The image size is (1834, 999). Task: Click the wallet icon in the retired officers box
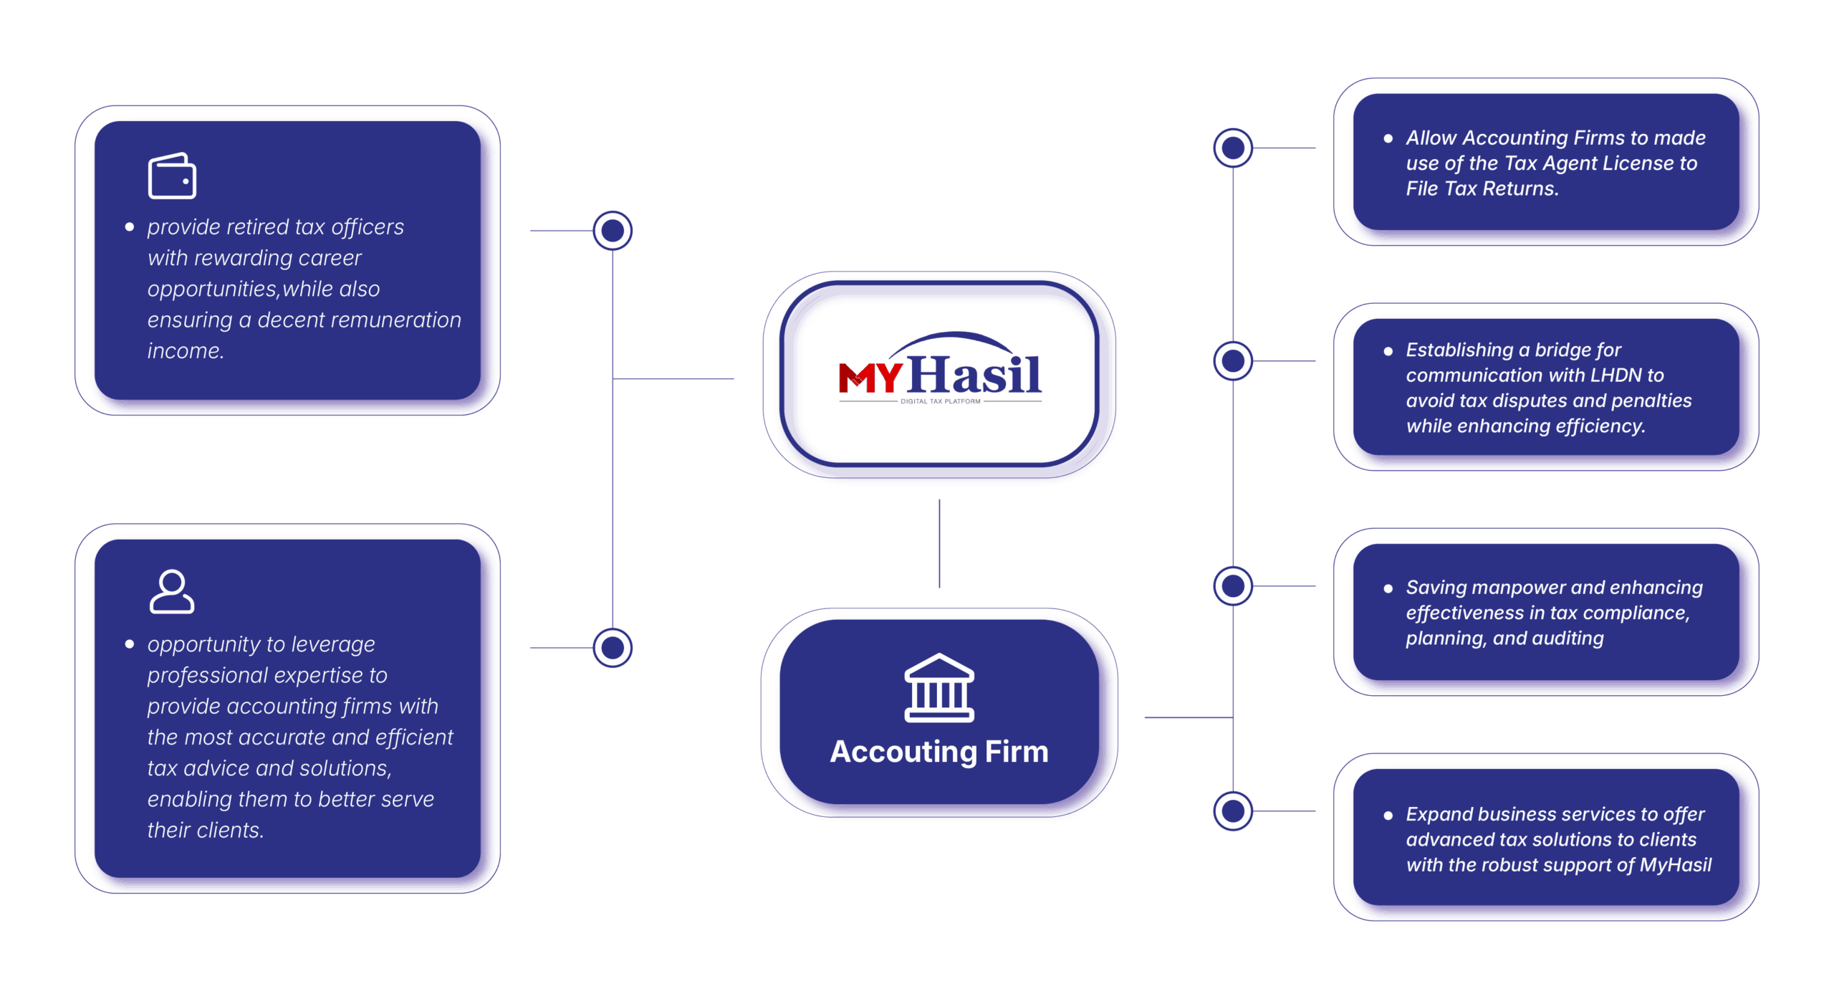(x=172, y=176)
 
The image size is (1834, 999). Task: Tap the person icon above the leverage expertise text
(x=172, y=592)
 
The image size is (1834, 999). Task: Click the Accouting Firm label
(x=939, y=752)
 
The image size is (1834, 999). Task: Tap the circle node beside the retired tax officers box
(x=613, y=231)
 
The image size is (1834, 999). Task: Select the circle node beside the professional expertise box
(x=613, y=648)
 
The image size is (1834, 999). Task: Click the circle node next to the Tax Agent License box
(x=1233, y=148)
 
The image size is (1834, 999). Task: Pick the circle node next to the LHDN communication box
(x=1233, y=361)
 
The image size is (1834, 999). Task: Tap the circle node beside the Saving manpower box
(x=1233, y=586)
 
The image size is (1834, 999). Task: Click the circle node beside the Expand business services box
(x=1233, y=811)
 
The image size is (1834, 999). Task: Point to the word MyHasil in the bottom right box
(x=1676, y=865)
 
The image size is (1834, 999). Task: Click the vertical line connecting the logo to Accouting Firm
(x=939, y=544)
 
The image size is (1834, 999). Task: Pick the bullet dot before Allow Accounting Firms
(x=1388, y=138)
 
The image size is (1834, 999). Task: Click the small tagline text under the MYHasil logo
(x=940, y=402)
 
